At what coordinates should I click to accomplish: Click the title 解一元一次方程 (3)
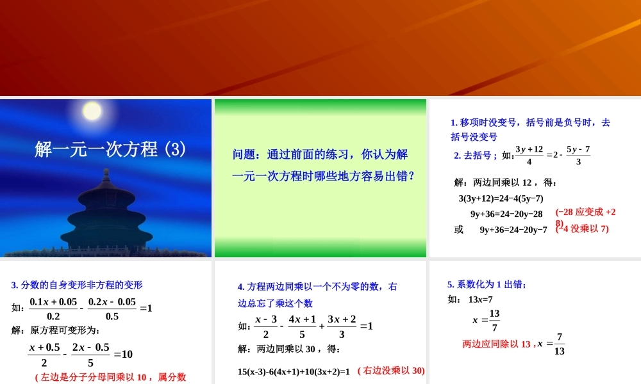[110, 150]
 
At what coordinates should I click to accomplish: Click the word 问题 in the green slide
[243, 155]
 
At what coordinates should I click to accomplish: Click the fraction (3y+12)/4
[529, 156]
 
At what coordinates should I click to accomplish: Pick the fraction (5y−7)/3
[578, 156]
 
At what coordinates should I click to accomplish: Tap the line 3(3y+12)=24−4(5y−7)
[501, 198]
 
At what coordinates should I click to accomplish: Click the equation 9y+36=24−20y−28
[506, 214]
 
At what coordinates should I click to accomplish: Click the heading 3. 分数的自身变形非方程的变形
[77, 285]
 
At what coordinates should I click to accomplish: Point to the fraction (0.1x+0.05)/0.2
[53, 308]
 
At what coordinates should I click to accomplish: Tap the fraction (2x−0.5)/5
[90, 354]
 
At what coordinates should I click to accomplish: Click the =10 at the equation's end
[123, 354]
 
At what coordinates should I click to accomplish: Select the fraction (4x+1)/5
[302, 326]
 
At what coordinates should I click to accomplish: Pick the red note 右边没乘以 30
[391, 371]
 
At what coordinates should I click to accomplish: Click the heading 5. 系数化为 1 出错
[487, 284]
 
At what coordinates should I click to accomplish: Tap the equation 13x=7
[480, 299]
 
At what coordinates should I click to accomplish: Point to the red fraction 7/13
[560, 344]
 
